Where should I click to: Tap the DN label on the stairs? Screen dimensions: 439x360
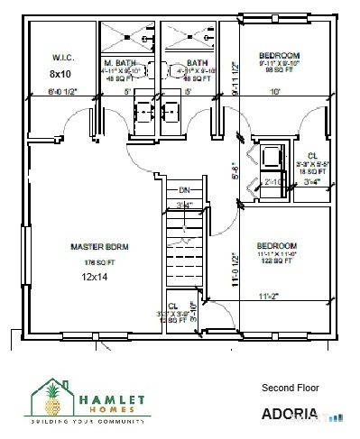[x=183, y=190]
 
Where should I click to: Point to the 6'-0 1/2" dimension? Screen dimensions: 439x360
[x=62, y=92]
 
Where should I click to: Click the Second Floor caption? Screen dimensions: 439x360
[x=290, y=388]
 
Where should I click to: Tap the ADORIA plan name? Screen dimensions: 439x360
[x=290, y=415]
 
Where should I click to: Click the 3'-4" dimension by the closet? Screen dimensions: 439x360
[x=312, y=181]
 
